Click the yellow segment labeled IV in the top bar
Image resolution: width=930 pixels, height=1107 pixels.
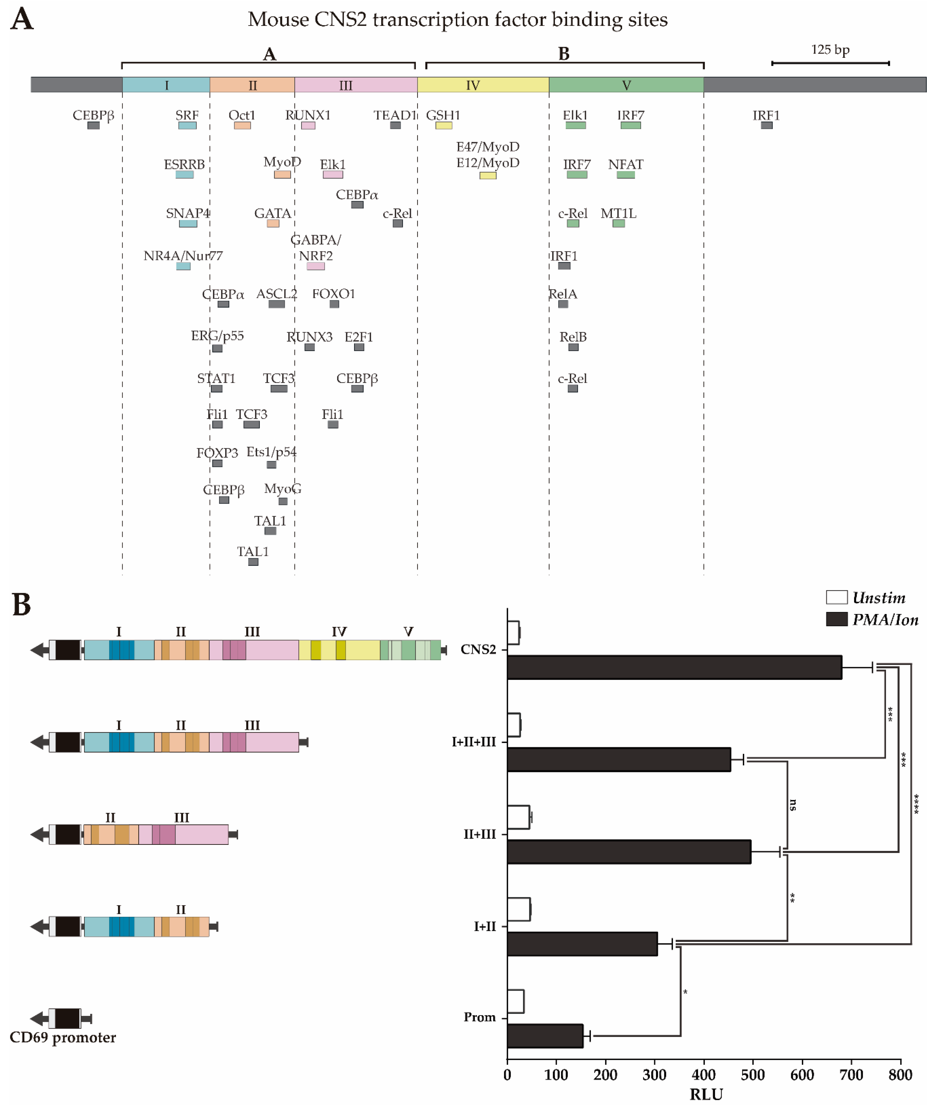[x=483, y=85]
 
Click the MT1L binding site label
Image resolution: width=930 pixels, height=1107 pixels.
[x=618, y=214]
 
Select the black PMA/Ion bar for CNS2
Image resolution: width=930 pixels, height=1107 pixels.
[x=674, y=667]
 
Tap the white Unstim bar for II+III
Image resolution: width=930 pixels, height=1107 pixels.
[x=518, y=817]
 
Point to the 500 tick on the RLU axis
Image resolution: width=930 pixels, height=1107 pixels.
[x=753, y=1074]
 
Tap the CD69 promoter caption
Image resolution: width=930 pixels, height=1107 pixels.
[x=63, y=1037]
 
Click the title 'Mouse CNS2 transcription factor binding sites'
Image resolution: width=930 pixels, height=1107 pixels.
[x=458, y=19]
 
